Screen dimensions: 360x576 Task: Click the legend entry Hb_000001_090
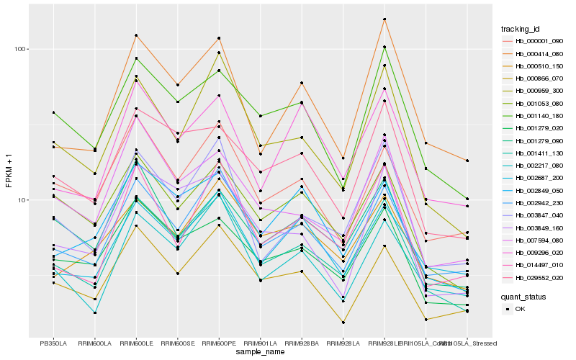tap(539, 41)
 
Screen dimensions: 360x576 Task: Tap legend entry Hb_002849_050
tap(539, 190)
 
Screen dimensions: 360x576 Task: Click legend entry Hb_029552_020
tap(539, 277)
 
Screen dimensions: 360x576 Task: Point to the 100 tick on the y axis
tap(19, 49)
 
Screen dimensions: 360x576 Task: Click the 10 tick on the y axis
tap(22, 199)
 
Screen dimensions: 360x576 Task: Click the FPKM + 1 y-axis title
tap(9, 169)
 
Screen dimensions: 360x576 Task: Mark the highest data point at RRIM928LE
tap(384, 19)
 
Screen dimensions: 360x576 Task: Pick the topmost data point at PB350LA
tap(53, 112)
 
